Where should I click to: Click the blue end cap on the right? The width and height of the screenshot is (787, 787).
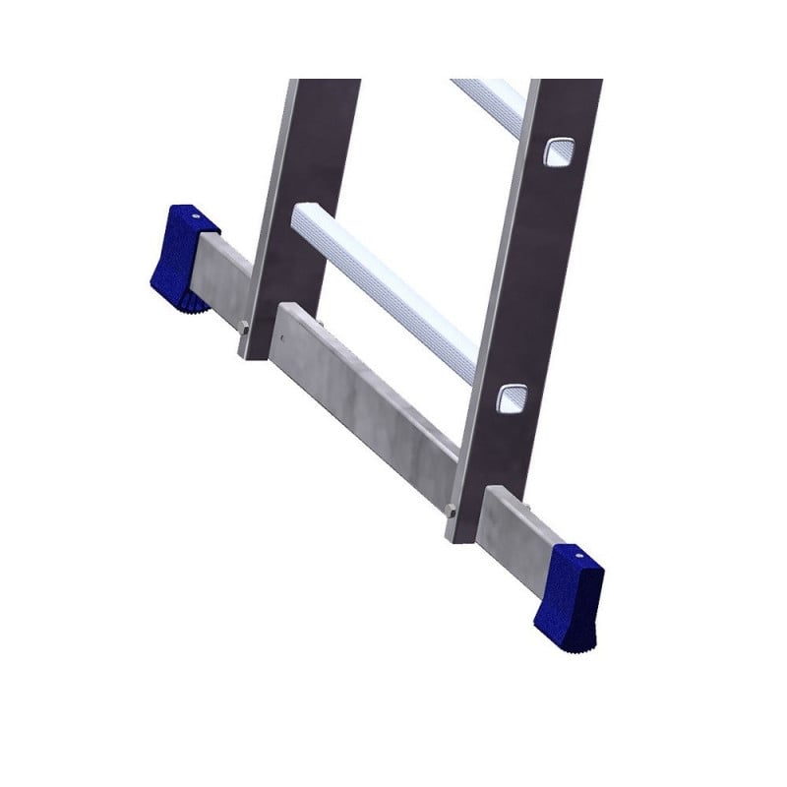tap(570, 590)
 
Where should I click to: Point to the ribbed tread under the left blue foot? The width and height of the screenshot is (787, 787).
tap(187, 297)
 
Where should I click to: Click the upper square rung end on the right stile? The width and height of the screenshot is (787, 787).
tap(557, 151)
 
